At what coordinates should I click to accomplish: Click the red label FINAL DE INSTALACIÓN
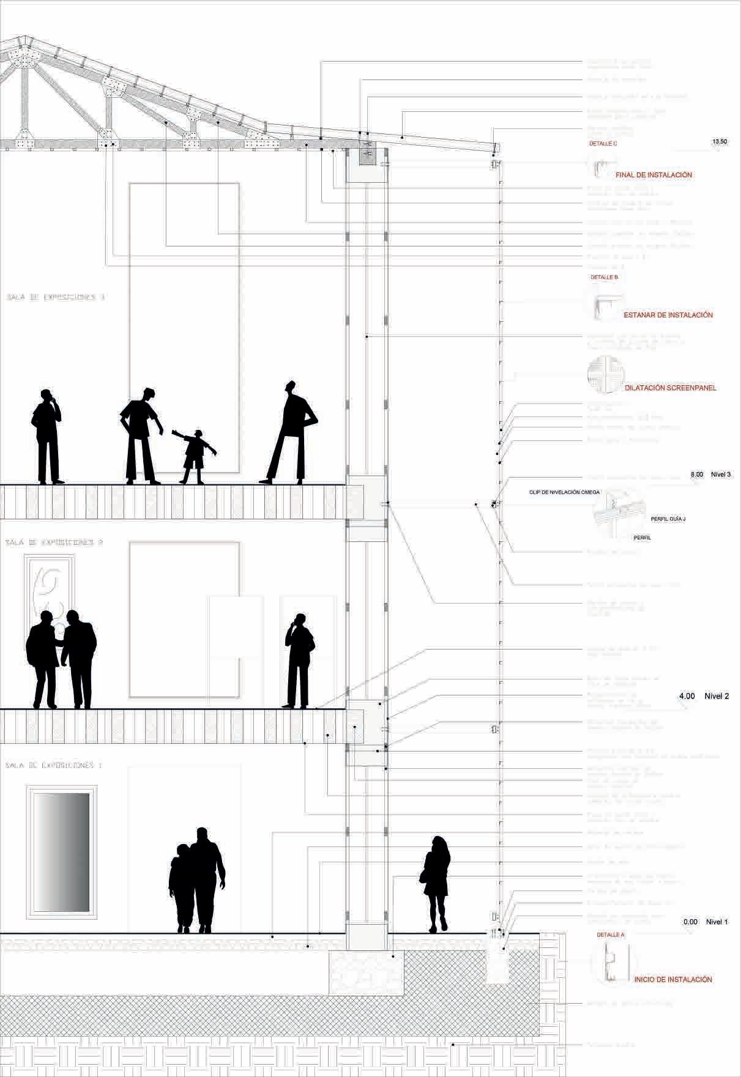click(653, 175)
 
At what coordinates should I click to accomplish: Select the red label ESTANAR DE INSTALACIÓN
click(668, 315)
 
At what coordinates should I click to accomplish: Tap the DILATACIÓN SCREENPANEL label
click(671, 388)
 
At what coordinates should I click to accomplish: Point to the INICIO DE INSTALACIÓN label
click(673, 979)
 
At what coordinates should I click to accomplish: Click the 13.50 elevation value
click(720, 141)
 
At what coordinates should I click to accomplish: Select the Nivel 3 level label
click(721, 474)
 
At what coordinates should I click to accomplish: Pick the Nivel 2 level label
click(717, 696)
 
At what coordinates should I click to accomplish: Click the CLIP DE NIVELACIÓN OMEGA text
click(565, 492)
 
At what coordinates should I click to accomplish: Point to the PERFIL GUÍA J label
click(668, 519)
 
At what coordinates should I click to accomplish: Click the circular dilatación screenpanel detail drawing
click(605, 374)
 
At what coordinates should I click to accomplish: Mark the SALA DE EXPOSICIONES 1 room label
click(54, 765)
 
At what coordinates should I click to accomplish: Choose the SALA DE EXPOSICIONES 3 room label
click(56, 297)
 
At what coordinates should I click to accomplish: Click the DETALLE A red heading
click(611, 935)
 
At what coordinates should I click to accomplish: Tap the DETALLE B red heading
click(605, 277)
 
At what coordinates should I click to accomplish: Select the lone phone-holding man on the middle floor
click(299, 661)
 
